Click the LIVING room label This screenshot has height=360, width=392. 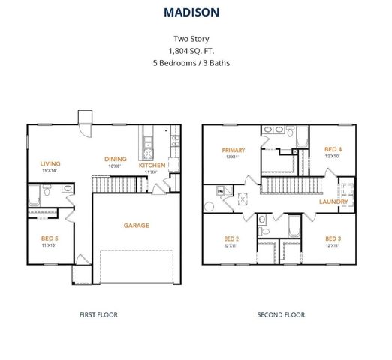click(x=50, y=163)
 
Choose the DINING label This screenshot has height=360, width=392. click(x=115, y=159)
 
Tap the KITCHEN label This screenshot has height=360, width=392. click(x=152, y=165)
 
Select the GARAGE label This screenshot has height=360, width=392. click(x=136, y=225)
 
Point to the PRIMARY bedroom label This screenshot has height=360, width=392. click(x=233, y=150)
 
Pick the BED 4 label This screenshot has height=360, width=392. click(x=333, y=149)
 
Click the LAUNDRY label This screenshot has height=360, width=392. click(x=333, y=202)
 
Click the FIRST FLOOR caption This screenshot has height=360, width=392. click(x=98, y=314)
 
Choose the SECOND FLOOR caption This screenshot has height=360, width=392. click(x=281, y=314)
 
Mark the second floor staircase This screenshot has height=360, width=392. click(x=292, y=183)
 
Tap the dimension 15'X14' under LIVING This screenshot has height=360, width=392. click(x=50, y=172)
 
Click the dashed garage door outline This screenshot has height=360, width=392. click(x=136, y=266)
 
